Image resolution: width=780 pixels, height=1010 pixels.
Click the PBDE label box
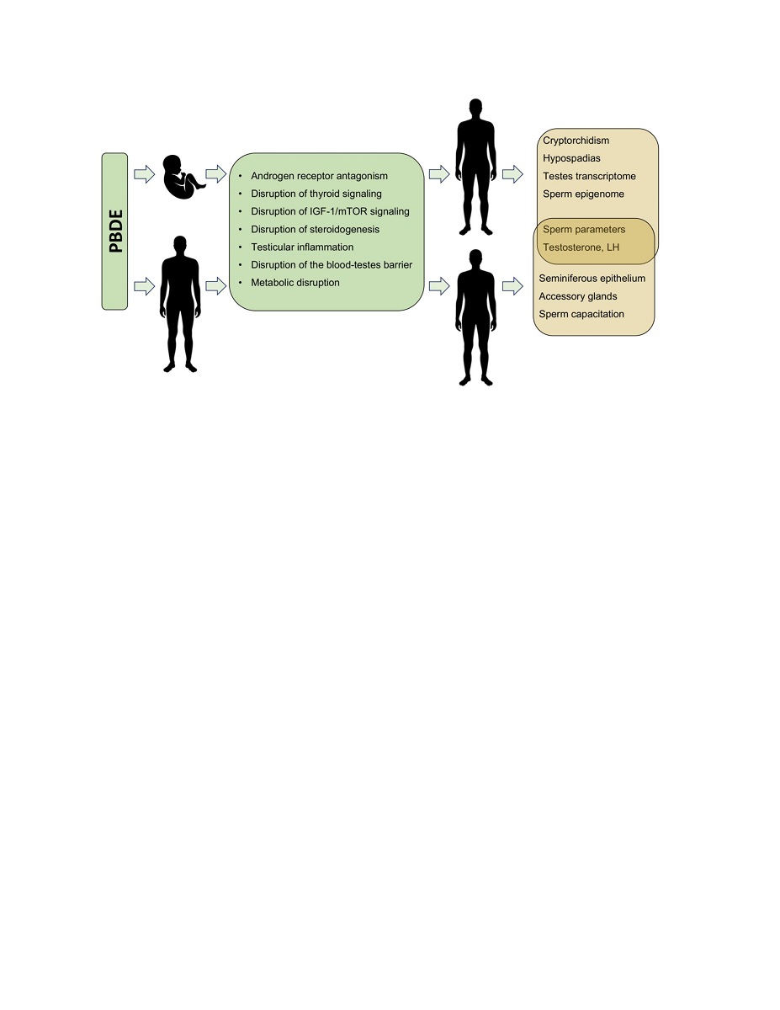(114, 231)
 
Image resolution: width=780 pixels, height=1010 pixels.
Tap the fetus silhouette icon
(182, 177)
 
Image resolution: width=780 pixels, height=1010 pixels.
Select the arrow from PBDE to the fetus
(145, 174)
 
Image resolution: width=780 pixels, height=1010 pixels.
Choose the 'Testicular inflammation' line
(302, 247)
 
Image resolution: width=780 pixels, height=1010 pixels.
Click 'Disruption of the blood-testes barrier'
(332, 265)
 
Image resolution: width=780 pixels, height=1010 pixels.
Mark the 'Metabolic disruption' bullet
(294, 283)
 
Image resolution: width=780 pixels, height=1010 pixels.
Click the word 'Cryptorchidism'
(576, 141)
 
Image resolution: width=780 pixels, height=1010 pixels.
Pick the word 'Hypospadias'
(571, 158)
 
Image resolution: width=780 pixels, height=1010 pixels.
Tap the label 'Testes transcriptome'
(589, 176)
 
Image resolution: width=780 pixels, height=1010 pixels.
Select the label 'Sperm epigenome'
(583, 194)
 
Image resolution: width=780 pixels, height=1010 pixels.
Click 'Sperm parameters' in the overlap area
(584, 229)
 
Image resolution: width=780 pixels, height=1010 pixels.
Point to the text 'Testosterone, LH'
(581, 247)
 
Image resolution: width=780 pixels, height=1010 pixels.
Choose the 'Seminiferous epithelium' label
(592, 278)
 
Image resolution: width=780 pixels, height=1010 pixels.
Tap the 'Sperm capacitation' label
(581, 314)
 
